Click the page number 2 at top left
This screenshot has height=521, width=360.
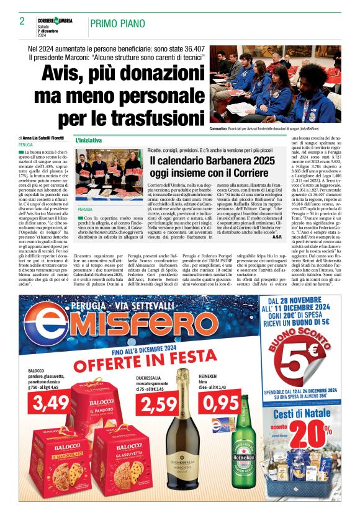coord(22,22)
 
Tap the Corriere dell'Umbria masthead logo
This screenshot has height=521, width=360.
coord(55,20)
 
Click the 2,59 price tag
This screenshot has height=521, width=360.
coord(158,405)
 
